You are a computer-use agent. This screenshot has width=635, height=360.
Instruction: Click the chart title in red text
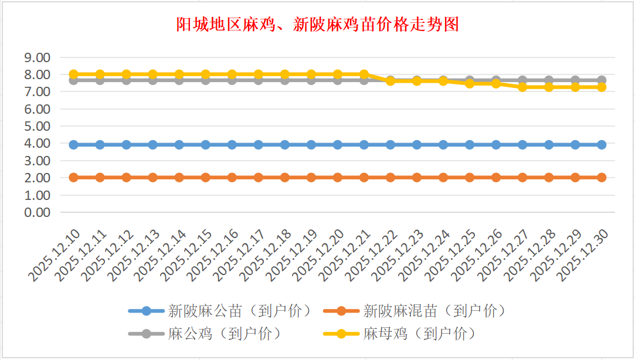click(x=317, y=25)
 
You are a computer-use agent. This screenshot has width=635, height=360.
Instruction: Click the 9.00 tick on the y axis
click(x=36, y=57)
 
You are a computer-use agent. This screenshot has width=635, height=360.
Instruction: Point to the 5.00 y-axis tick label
click(x=36, y=126)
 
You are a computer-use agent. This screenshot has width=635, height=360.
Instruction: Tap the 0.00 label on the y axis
click(x=36, y=212)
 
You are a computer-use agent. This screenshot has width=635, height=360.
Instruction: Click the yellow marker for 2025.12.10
click(x=74, y=74)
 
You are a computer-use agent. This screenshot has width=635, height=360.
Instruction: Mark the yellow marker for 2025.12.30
click(x=602, y=87)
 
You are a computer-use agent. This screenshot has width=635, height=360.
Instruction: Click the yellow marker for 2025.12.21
click(x=364, y=74)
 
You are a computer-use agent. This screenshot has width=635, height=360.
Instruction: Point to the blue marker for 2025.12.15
click(x=206, y=145)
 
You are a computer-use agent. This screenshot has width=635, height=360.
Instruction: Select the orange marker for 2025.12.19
click(x=311, y=177)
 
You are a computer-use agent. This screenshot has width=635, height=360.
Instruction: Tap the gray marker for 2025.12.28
click(x=549, y=80)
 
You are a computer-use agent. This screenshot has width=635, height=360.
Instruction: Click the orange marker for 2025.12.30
click(x=602, y=177)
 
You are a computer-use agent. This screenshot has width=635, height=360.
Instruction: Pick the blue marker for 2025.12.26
click(x=496, y=145)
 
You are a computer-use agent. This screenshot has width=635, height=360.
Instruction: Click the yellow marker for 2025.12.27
click(x=522, y=87)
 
